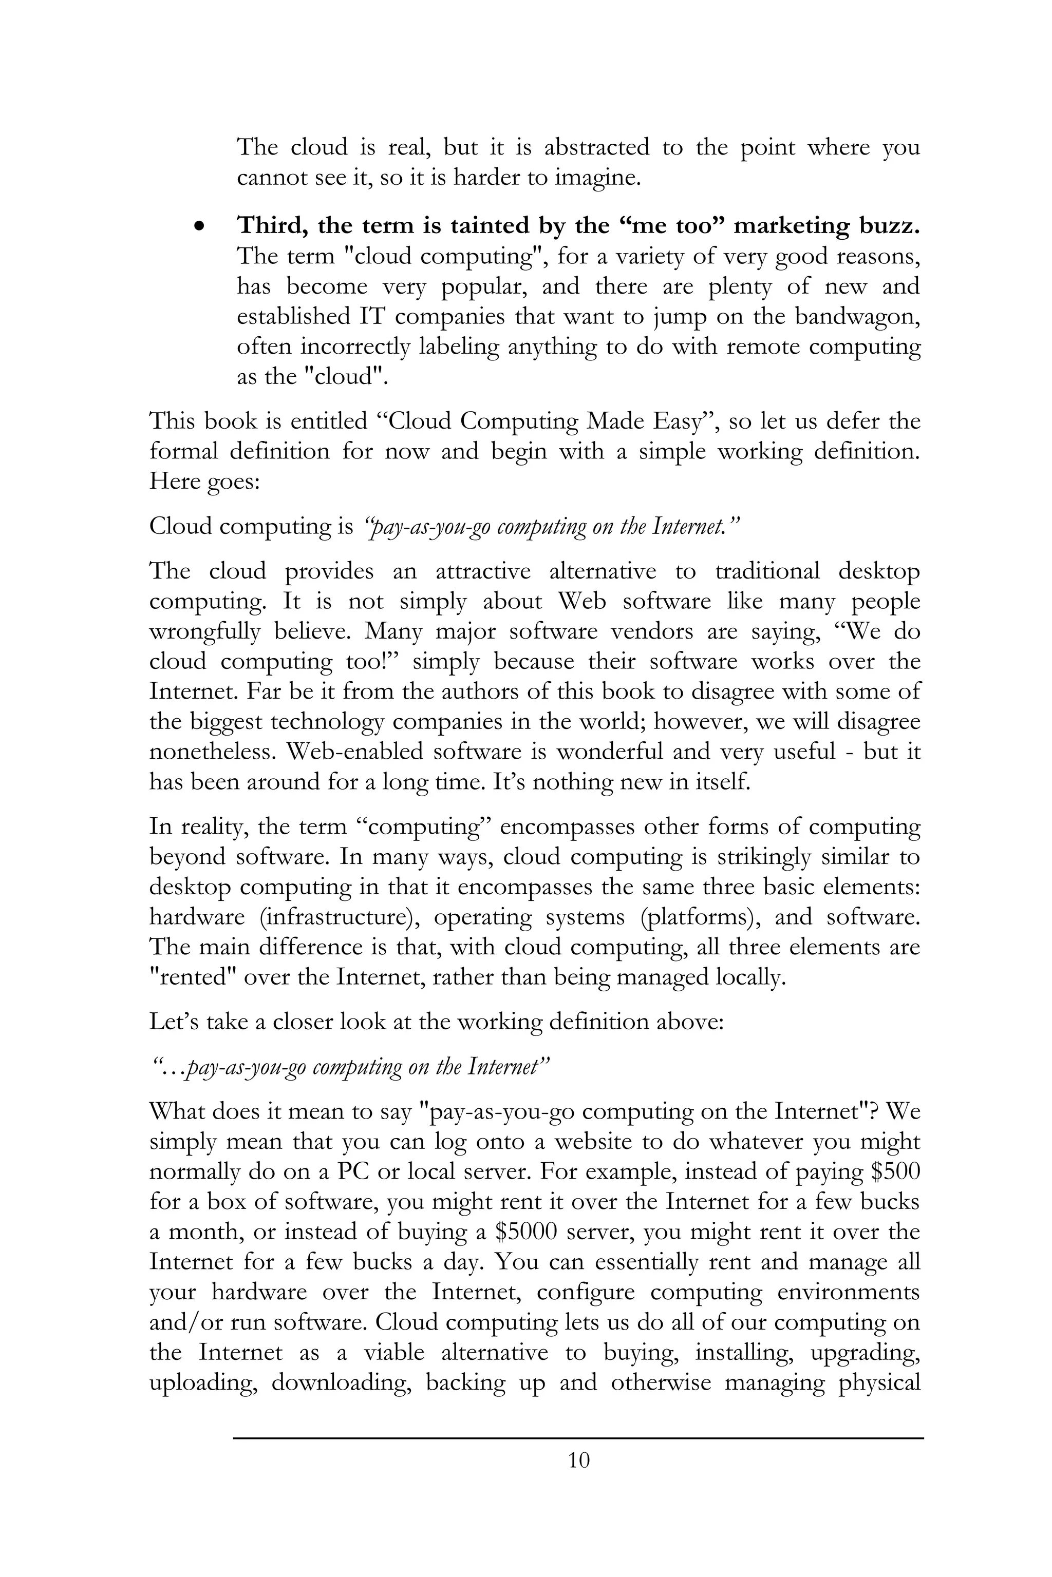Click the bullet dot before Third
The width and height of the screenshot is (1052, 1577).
pos(198,227)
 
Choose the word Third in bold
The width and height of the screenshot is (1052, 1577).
pos(272,226)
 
